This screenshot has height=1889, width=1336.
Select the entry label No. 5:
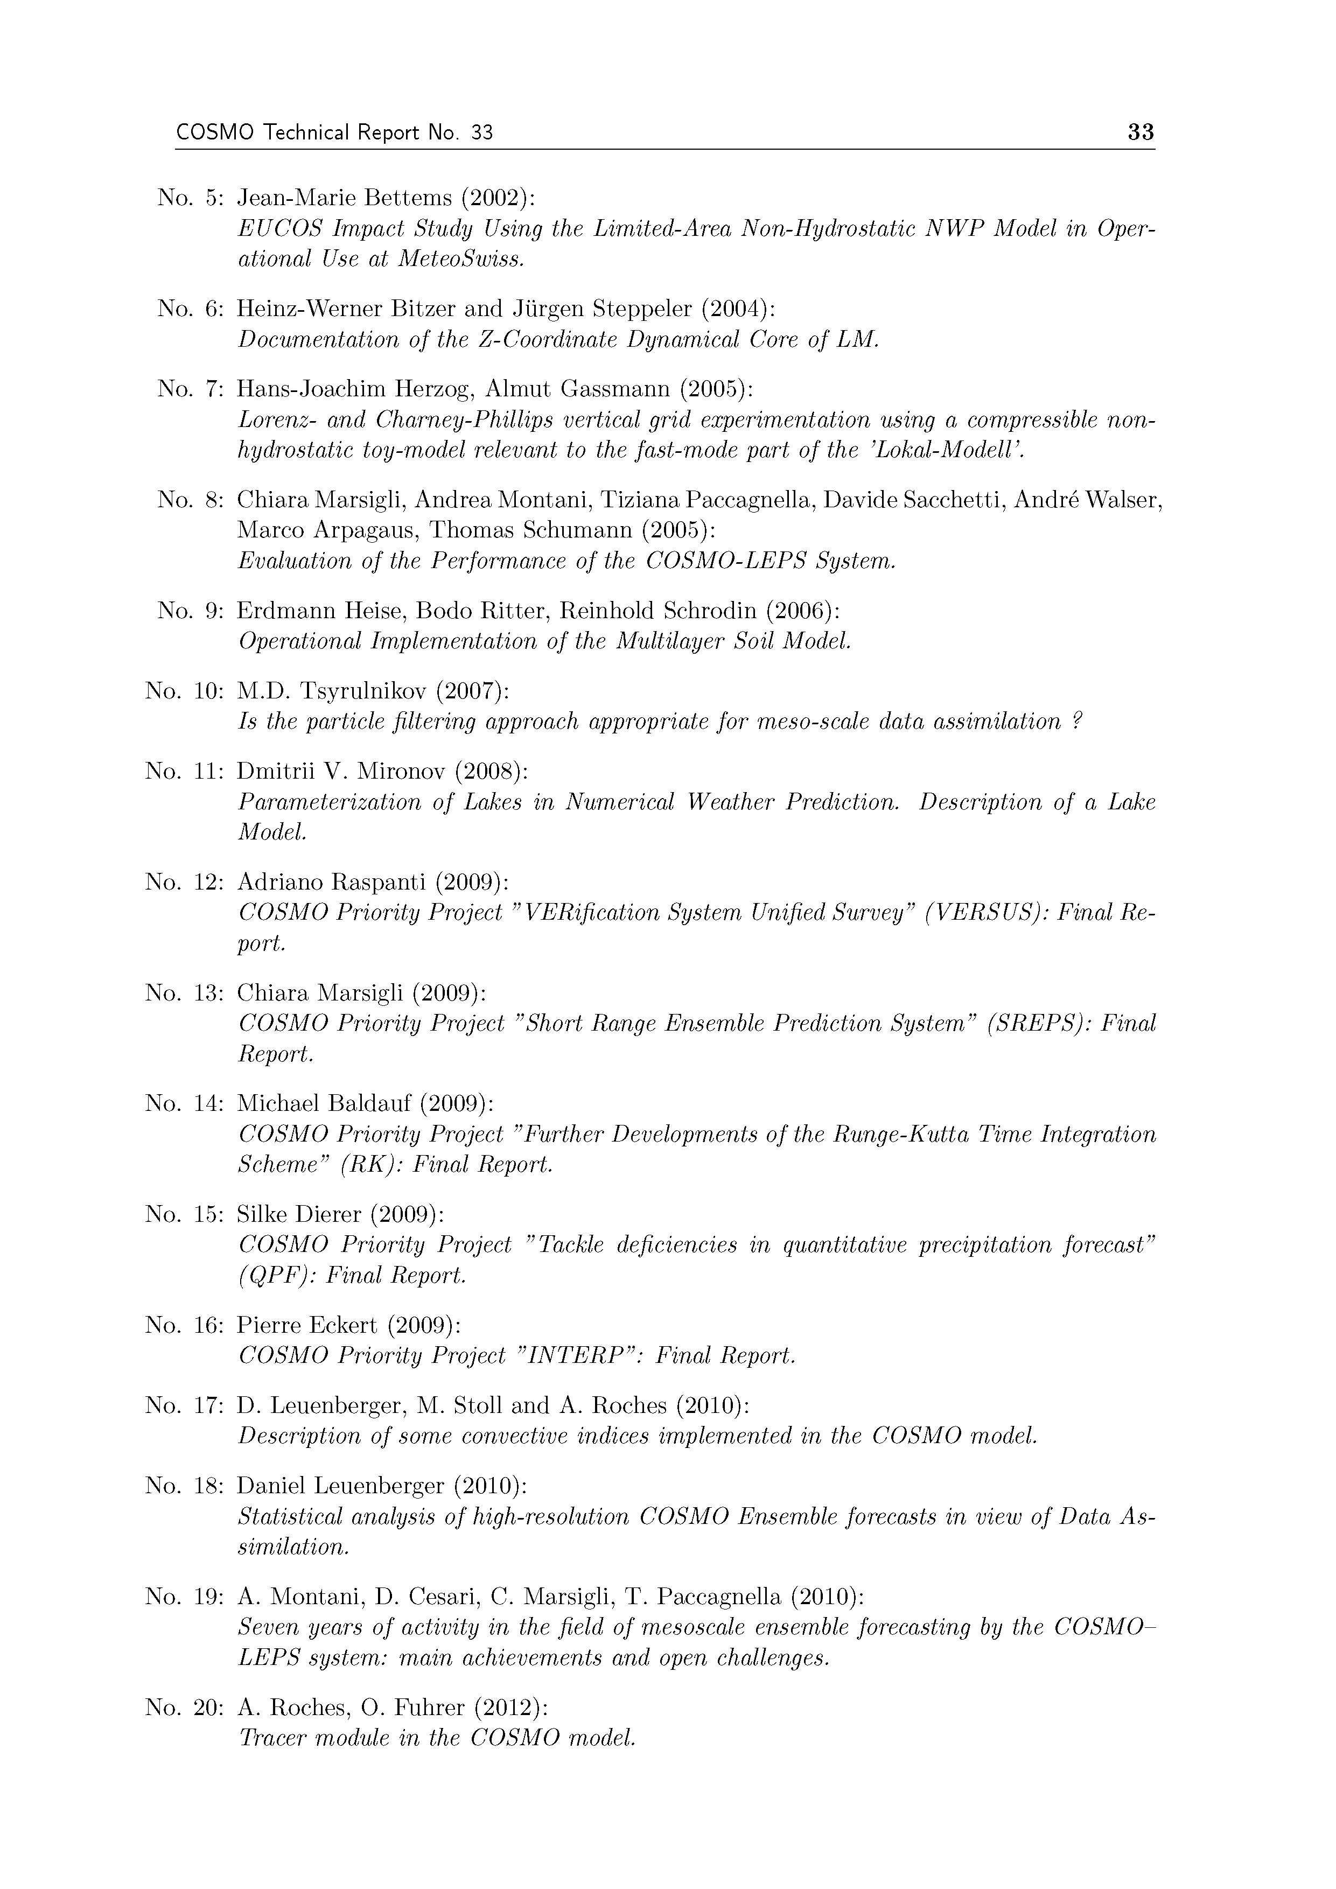(190, 198)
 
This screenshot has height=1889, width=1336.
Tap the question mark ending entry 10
(1077, 722)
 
